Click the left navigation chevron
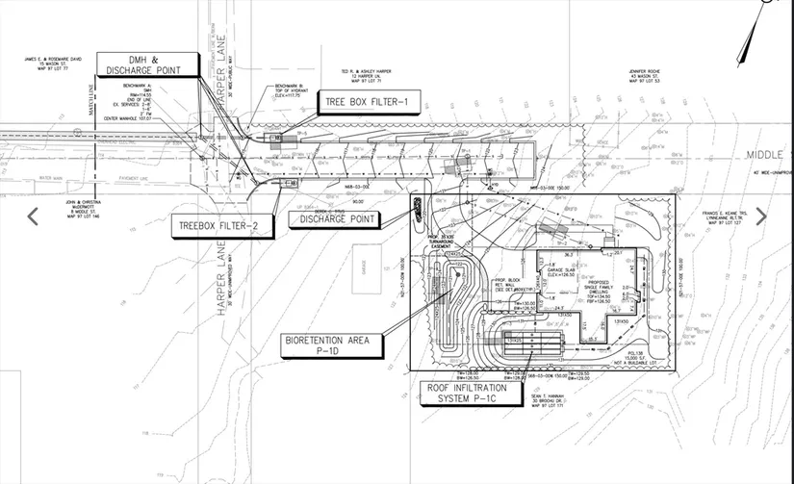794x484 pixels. click(x=33, y=217)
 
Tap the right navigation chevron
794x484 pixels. click(x=761, y=217)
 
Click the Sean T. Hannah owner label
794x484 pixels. click(x=551, y=400)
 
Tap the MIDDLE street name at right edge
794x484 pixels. click(x=769, y=154)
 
